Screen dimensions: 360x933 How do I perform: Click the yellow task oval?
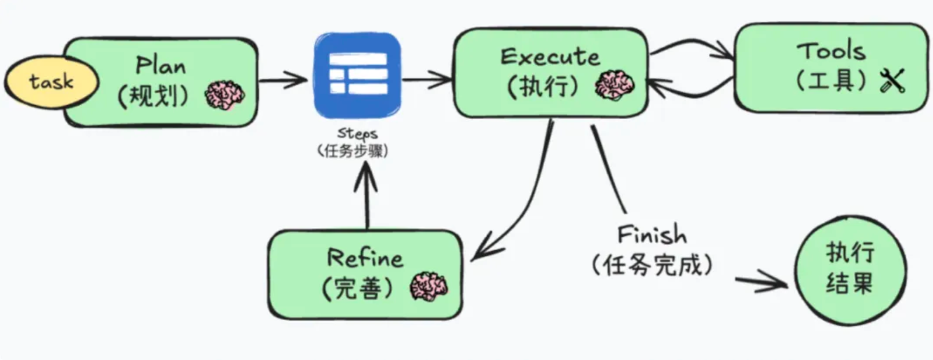point(51,82)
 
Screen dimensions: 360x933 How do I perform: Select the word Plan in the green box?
point(161,65)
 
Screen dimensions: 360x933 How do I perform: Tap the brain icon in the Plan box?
point(225,95)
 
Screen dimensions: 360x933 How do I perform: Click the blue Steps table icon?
point(358,75)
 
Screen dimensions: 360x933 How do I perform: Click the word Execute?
point(550,57)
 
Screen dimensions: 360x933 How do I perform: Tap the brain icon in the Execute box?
point(614,85)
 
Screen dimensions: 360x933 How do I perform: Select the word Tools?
point(831,52)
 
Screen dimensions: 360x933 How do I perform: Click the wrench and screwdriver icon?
point(892,81)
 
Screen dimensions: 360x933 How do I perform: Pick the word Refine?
point(365,258)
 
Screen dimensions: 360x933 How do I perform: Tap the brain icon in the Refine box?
point(429,287)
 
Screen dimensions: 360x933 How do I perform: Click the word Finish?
point(651,235)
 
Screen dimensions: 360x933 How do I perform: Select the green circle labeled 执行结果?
point(850,269)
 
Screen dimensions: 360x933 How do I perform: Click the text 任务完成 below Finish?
point(651,266)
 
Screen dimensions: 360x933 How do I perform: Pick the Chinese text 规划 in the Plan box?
point(153,95)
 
